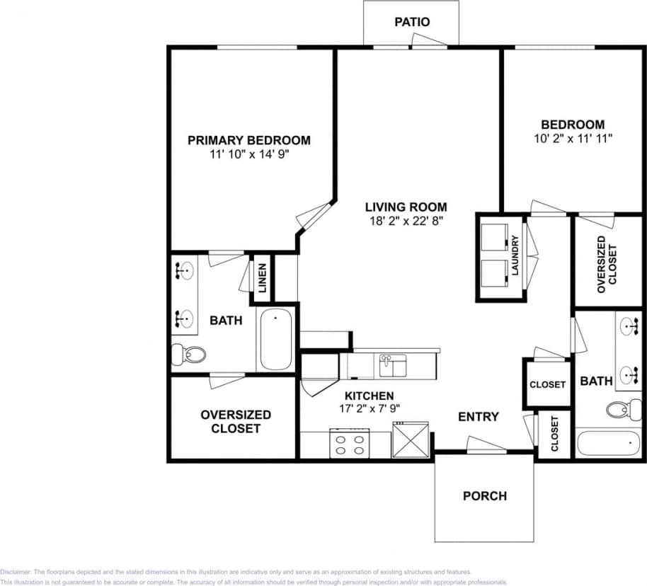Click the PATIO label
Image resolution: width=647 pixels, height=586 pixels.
click(x=411, y=22)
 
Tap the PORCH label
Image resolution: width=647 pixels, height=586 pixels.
click(x=484, y=496)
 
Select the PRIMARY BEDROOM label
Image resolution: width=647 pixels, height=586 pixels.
click(x=248, y=140)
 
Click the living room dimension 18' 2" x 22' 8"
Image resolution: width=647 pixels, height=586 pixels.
click(x=406, y=222)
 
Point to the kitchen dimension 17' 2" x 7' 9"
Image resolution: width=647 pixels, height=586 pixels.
click(x=369, y=409)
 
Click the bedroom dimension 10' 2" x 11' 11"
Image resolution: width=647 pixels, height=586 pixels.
click(x=573, y=139)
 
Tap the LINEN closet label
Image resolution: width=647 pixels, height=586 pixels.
click(x=262, y=278)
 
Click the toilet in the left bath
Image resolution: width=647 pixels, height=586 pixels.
click(x=189, y=353)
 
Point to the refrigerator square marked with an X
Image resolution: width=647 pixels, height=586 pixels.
click(x=411, y=439)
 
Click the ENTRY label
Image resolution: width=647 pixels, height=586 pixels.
click(x=478, y=417)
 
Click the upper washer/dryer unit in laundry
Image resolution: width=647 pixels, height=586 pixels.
click(x=495, y=236)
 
